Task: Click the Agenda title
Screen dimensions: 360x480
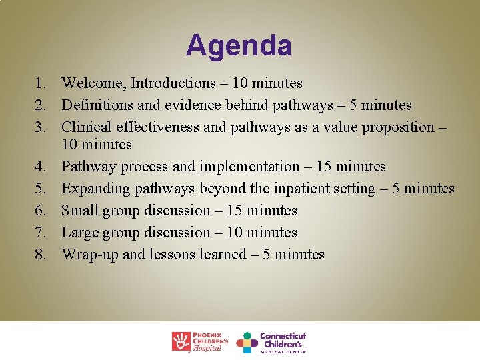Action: [239, 46]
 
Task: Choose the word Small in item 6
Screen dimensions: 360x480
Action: [79, 211]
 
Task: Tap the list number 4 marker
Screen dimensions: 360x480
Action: [41, 167]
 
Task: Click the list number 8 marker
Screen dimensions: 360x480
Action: [41, 255]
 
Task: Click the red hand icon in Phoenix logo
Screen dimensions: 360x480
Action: [181, 341]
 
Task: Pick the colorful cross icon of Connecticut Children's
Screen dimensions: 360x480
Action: [247, 342]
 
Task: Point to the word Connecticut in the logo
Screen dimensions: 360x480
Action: [283, 336]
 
